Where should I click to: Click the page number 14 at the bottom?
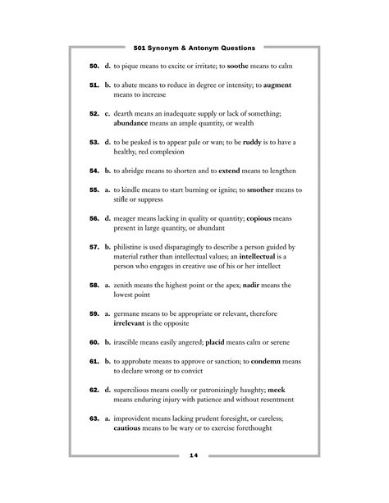[x=194, y=455]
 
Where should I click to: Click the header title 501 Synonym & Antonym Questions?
[x=194, y=48]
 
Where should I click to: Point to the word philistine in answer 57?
[x=133, y=247]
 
